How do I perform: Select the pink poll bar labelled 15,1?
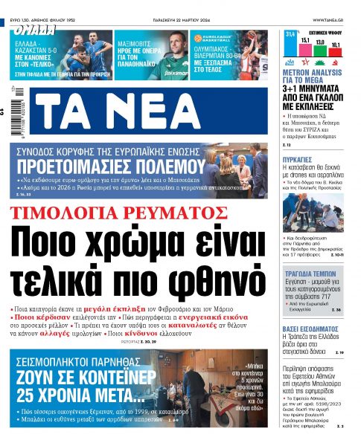coord(305,50)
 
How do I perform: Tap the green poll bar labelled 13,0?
coord(320,51)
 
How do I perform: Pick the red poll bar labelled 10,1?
coord(335,53)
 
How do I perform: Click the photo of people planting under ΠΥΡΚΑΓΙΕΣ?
coord(313,212)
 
